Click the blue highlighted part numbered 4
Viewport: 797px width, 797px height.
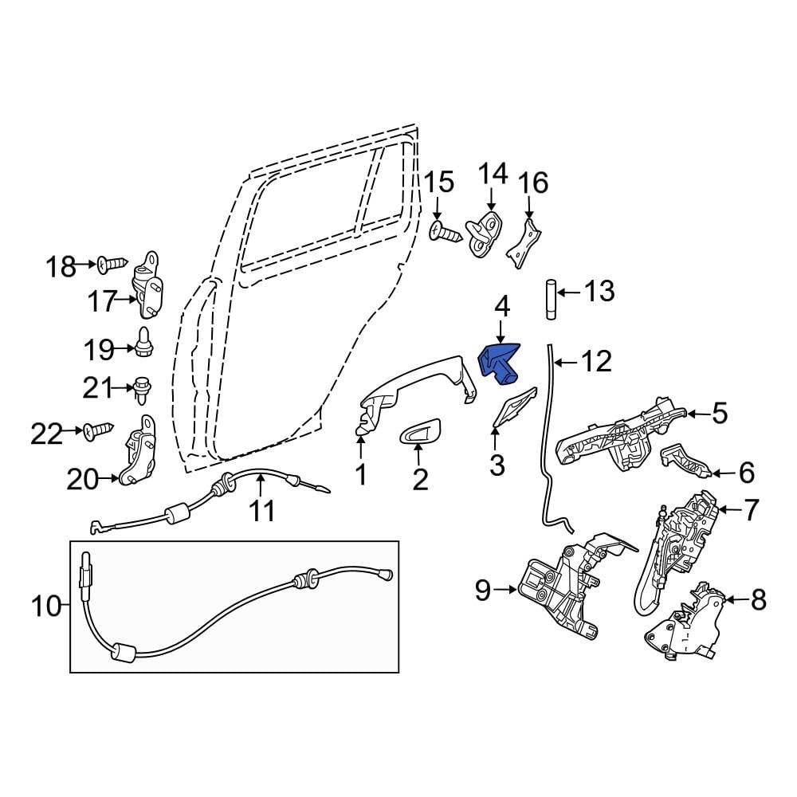(x=498, y=363)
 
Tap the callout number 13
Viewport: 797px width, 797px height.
(x=599, y=291)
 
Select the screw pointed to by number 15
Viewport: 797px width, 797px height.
(x=446, y=232)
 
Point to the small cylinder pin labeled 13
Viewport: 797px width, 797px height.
(x=551, y=298)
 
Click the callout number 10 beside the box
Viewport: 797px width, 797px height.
(x=45, y=606)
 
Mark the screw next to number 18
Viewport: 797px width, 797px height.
(x=112, y=265)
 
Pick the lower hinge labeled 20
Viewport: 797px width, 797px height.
(x=137, y=450)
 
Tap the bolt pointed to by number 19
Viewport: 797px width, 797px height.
(x=144, y=343)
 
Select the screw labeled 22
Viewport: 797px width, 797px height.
(x=98, y=431)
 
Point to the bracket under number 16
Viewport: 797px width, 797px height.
(x=524, y=243)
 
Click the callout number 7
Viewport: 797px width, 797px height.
(x=751, y=510)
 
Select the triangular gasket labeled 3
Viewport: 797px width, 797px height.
(x=514, y=406)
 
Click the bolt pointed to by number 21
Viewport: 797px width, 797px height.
(x=141, y=390)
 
